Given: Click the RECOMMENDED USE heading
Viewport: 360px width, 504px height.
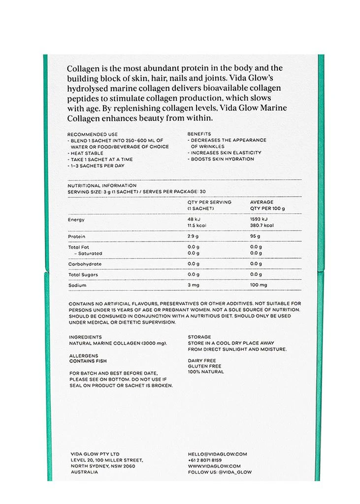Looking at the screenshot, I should (92, 134).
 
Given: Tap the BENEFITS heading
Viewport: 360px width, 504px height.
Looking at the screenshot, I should (199, 134).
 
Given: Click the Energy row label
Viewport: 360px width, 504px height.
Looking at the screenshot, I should (76, 220).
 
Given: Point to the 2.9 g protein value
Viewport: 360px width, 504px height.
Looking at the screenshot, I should (194, 237).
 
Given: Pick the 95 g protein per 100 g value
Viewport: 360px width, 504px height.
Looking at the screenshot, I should (255, 237).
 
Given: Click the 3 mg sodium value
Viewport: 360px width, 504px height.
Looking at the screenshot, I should (193, 285).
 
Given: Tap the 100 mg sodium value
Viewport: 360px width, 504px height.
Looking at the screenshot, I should (259, 285).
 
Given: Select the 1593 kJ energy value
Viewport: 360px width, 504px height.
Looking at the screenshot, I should (259, 219).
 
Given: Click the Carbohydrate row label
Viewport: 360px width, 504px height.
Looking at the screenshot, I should (85, 264).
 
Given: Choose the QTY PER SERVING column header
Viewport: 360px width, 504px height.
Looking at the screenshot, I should (209, 202).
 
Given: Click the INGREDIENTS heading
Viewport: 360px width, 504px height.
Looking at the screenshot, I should (85, 337).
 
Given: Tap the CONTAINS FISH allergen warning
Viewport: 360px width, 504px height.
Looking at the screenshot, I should (88, 361).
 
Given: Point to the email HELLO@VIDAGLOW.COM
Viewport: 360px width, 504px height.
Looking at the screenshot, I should (217, 454).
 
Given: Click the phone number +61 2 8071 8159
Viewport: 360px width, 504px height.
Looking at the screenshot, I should (204, 460).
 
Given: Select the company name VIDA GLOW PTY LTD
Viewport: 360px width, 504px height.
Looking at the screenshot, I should (95, 454).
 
